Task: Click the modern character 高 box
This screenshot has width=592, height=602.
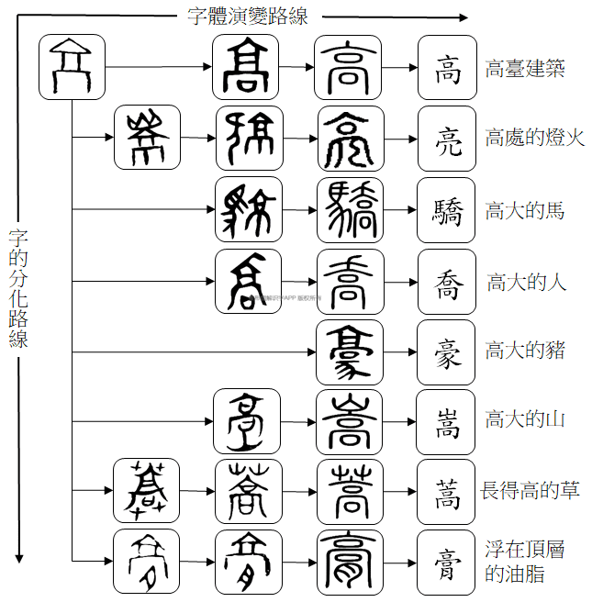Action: pyautogui.click(x=447, y=68)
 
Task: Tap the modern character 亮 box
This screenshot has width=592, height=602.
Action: pyautogui.click(x=447, y=139)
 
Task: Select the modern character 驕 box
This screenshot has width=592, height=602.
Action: pyautogui.click(x=447, y=210)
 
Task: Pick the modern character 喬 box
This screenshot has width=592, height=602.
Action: pyautogui.click(x=447, y=281)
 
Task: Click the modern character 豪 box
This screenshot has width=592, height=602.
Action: pyautogui.click(x=447, y=351)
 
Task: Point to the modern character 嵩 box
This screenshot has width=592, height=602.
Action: pyautogui.click(x=447, y=420)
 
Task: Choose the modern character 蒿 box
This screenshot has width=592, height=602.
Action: pyautogui.click(x=447, y=490)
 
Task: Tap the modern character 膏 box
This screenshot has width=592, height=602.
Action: pyautogui.click(x=447, y=561)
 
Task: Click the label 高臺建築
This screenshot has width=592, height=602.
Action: pyautogui.click(x=525, y=69)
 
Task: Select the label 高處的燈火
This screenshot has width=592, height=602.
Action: pyautogui.click(x=535, y=139)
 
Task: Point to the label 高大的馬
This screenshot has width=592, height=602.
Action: pyautogui.click(x=525, y=211)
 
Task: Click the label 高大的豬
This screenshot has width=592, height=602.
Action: pyautogui.click(x=525, y=351)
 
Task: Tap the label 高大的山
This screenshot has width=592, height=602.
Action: pyautogui.click(x=525, y=419)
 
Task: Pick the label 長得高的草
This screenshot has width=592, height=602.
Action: pyautogui.click(x=531, y=490)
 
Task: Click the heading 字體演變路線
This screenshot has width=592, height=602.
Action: pyautogui.click(x=248, y=16)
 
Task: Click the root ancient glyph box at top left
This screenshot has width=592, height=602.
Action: pyautogui.click(x=72, y=67)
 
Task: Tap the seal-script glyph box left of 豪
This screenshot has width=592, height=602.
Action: pyautogui.click(x=350, y=351)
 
